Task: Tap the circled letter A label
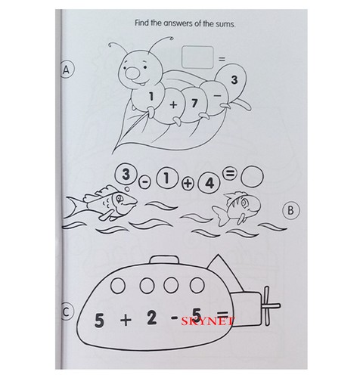(x=67, y=70)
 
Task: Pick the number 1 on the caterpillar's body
(x=151, y=97)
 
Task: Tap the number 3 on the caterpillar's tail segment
(x=234, y=79)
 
